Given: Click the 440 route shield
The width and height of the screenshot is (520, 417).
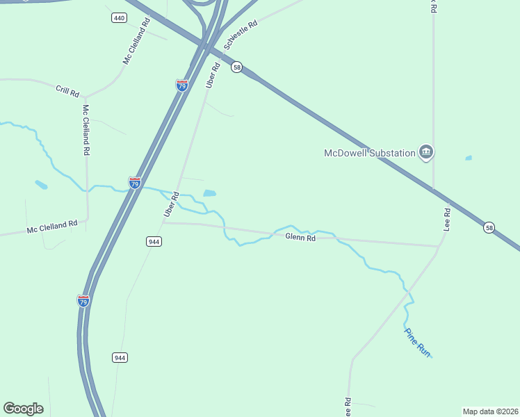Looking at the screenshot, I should click(119, 17).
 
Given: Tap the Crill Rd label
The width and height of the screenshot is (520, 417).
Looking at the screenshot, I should click(67, 90).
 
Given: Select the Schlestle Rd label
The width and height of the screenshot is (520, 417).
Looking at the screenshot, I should click(241, 34).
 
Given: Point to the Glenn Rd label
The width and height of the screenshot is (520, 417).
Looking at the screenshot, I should click(300, 238).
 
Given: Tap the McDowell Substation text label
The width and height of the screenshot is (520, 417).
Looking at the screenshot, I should click(368, 153).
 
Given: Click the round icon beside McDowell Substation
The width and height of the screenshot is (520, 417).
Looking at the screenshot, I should click(426, 152).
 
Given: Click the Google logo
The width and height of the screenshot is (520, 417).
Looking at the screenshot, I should click(23, 409).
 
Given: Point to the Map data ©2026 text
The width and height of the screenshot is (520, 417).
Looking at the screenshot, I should click(490, 411).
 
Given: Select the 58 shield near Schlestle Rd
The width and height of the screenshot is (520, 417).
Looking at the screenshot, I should click(237, 67).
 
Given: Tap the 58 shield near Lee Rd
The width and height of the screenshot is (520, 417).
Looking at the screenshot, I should click(489, 227).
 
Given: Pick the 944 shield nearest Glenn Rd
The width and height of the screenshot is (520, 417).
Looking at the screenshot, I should click(154, 241).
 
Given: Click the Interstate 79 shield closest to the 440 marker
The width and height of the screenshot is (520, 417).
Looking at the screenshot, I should click(181, 85).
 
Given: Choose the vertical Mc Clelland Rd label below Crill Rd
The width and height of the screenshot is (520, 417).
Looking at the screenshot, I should click(86, 130).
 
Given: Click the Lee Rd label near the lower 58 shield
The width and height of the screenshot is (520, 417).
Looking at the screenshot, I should click(448, 220).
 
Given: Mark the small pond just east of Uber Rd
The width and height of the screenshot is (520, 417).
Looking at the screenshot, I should click(209, 193).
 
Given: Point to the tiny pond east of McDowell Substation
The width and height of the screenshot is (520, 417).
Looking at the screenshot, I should click(469, 158).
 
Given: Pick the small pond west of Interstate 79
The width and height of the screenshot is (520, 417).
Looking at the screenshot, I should click(41, 185).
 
